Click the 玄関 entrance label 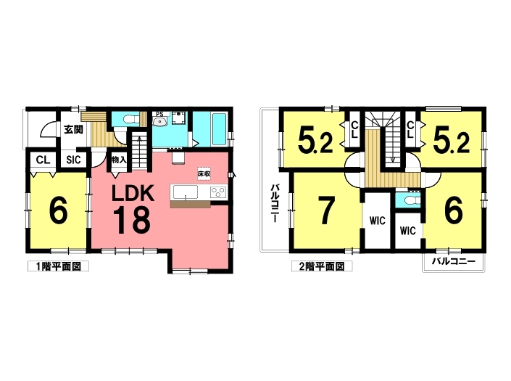73,130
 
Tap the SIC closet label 73,160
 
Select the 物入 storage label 119,160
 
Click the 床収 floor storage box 204,173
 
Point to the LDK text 133,194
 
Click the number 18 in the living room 132,220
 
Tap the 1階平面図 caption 58,266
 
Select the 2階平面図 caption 322,266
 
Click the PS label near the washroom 159,114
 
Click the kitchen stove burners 218,192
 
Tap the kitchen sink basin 185,192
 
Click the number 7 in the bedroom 327,212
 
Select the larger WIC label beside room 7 378,221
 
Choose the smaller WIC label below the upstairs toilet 407,231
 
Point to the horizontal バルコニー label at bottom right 454,261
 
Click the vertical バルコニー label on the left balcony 275,203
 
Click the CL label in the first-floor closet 43,160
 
